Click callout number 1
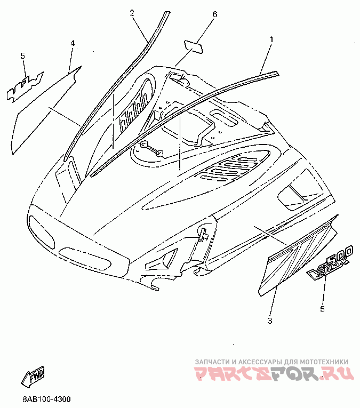(x=271, y=39)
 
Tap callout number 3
(x=270, y=321)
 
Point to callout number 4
(x=73, y=43)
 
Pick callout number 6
(x=215, y=14)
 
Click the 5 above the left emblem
(x=22, y=55)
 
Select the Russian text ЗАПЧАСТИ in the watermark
(x=213, y=361)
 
